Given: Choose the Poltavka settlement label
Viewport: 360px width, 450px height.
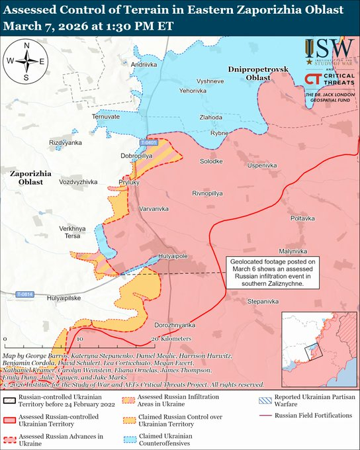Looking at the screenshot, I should (x=303, y=218).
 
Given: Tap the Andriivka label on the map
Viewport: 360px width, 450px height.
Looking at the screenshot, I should (x=144, y=65).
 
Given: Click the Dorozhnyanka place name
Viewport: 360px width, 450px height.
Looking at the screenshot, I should (x=175, y=326).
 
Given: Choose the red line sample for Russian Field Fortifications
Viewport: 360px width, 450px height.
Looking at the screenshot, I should (x=265, y=416).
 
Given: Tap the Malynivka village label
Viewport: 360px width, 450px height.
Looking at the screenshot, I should (x=293, y=251).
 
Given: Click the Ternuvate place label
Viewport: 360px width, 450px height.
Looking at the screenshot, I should (x=106, y=116).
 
